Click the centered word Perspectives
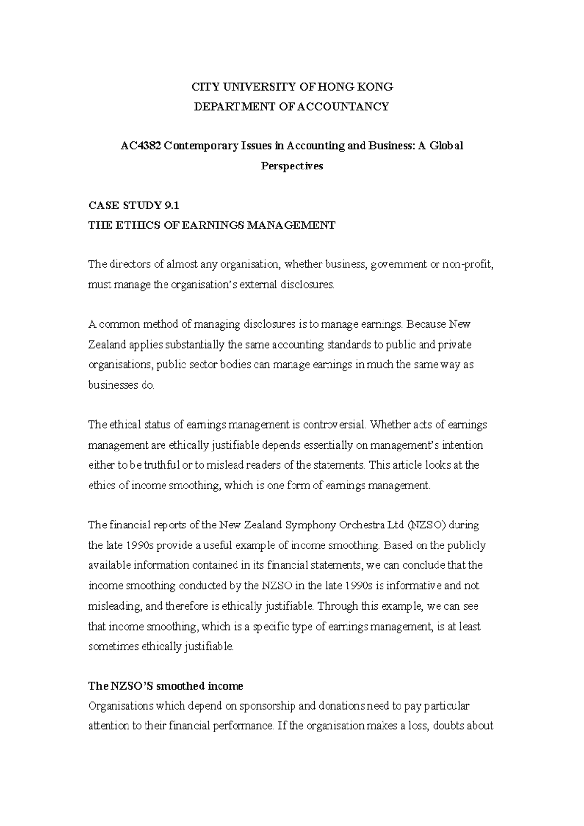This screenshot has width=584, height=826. tap(292, 166)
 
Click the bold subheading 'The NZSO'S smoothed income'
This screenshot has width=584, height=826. tap(165, 686)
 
